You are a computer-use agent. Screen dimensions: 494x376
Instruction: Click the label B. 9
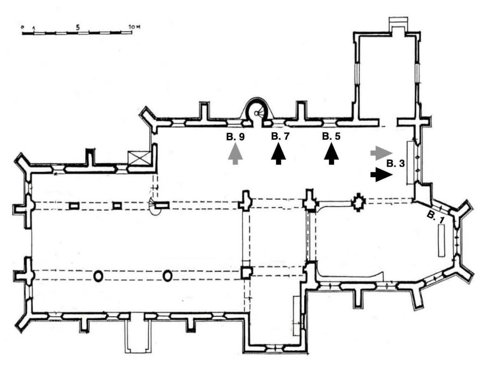coord(235,137)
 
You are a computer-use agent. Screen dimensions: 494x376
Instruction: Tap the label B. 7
coord(280,136)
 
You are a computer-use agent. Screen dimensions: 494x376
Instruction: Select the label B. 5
coord(331,136)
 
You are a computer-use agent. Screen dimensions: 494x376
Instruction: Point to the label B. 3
coord(396,164)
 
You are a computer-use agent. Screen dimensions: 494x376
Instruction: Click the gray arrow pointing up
coord(235,154)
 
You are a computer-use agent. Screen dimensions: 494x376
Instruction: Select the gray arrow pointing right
coord(382,153)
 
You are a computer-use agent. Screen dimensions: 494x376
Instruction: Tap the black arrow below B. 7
coord(278,154)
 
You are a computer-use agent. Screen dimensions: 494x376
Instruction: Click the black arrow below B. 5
coord(331,154)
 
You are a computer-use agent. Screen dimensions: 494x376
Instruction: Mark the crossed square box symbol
coord(139,159)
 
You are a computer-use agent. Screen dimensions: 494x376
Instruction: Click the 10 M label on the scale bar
coord(134,27)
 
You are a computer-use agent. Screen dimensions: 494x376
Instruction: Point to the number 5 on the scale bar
coord(78,28)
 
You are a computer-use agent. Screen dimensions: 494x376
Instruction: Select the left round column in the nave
coord(98,277)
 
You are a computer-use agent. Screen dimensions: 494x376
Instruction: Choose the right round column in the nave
coord(168,276)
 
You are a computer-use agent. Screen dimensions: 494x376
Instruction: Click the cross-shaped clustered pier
coord(358,202)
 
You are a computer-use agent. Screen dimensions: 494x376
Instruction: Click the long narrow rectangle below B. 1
coord(441,240)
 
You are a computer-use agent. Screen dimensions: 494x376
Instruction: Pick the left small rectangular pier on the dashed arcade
coord(74,206)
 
